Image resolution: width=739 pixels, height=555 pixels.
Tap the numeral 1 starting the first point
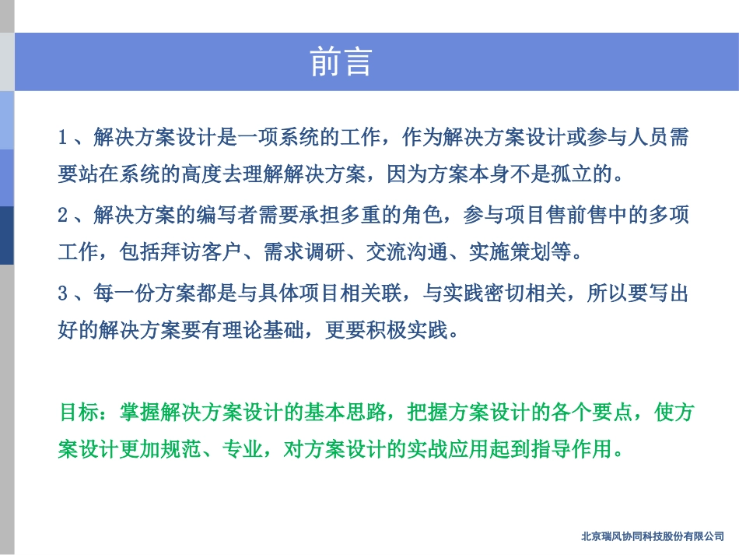pos(63,139)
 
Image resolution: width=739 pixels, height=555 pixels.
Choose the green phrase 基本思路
pos(349,413)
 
